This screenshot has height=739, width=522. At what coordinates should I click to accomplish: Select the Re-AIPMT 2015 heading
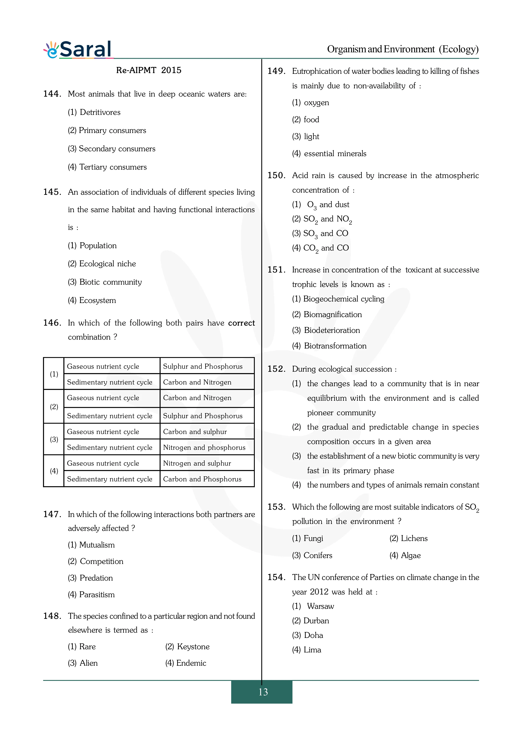tap(149, 70)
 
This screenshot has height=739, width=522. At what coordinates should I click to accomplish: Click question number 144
tap(52, 94)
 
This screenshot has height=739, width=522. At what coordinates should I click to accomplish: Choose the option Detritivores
tap(100, 112)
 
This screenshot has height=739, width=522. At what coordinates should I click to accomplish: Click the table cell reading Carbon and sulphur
tap(195, 432)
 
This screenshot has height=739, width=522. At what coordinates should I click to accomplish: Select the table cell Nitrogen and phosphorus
tap(204, 447)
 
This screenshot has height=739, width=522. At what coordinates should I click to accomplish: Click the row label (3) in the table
tap(54, 439)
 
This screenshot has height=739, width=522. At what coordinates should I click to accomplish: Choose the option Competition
tap(101, 561)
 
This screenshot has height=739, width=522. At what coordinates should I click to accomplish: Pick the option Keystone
tap(193, 647)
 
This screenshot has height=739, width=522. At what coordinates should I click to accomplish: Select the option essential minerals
tap(335, 154)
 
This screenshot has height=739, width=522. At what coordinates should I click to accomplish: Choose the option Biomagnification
tap(332, 315)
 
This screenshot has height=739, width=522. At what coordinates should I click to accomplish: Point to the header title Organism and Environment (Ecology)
tap(403, 49)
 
